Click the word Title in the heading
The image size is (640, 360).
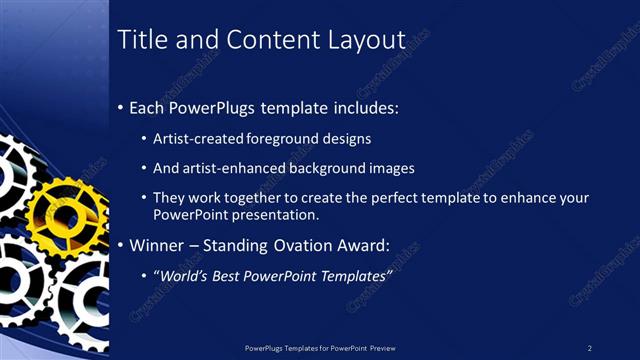(140, 41)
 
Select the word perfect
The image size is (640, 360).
(397, 198)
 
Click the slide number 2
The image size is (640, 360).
(589, 347)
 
